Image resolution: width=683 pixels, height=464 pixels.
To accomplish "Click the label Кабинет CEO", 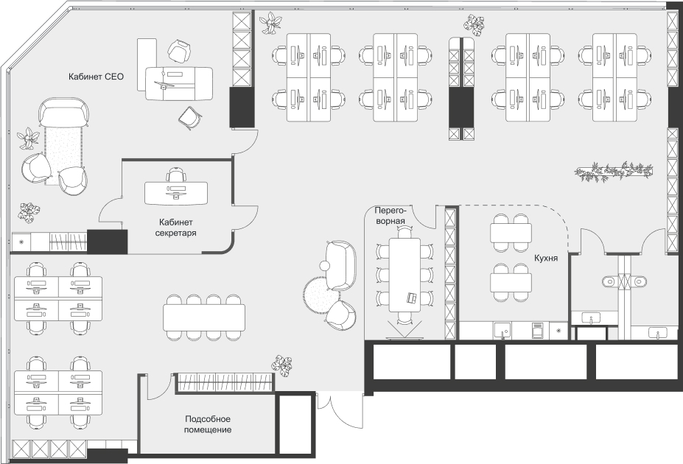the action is (x=96, y=77).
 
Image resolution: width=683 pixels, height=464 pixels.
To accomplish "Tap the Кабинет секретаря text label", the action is (x=175, y=228).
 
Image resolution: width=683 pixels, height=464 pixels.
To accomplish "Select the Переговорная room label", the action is (x=390, y=216).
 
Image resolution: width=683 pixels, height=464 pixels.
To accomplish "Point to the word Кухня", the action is (x=546, y=258).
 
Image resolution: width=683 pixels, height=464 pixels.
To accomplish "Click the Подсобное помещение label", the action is (x=207, y=424).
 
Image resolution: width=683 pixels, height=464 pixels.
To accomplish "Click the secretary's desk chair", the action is (x=175, y=175).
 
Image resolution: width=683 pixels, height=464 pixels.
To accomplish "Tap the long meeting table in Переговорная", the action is (x=404, y=275).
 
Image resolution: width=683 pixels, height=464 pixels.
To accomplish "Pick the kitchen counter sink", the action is (x=502, y=331).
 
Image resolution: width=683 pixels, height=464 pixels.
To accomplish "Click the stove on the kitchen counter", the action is (x=538, y=331).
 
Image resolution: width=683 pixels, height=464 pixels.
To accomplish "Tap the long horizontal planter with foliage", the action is (x=613, y=171).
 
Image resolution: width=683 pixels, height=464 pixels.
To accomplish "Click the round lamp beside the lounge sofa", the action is (x=325, y=265).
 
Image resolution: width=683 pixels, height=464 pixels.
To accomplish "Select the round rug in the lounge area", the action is (x=321, y=295).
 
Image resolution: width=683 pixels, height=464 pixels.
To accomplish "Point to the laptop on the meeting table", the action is (x=412, y=298).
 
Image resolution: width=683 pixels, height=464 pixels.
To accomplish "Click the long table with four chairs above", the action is (x=204, y=317).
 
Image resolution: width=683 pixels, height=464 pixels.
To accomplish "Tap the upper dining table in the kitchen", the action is (x=511, y=233).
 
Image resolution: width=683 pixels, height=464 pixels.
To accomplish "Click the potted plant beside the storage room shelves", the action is (x=282, y=365).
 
